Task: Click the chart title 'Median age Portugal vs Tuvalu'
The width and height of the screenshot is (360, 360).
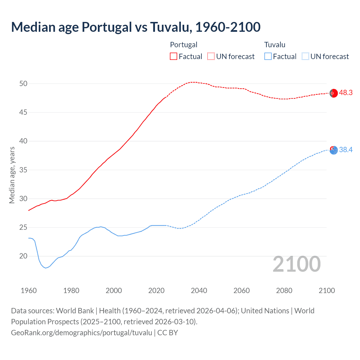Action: tap(136, 27)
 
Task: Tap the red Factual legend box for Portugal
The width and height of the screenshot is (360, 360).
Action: tap(174, 56)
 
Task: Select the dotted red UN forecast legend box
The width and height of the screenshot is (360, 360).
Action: tap(211, 56)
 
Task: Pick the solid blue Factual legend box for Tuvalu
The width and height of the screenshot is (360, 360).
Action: tap(268, 56)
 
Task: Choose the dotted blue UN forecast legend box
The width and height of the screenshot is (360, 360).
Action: tap(305, 56)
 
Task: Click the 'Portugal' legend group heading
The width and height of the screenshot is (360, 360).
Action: tap(184, 45)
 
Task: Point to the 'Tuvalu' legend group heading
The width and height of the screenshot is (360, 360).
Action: tap(274, 45)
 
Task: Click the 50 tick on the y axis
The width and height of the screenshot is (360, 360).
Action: tap(23, 84)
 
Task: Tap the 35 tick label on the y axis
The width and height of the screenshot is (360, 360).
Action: tap(23, 170)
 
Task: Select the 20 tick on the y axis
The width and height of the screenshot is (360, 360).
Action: tap(23, 256)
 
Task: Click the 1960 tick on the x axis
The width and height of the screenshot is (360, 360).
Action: tap(29, 291)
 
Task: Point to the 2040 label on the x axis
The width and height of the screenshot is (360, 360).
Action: tap(199, 291)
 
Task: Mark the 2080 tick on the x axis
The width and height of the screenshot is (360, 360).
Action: tap(284, 291)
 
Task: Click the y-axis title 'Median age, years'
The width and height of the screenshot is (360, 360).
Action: tap(12, 175)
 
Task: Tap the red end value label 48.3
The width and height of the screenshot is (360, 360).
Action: tap(346, 93)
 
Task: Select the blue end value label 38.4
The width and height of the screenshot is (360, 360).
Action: tap(346, 150)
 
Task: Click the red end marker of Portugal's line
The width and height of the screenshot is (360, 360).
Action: tap(334, 93)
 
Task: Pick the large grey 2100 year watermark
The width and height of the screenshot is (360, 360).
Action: tap(296, 264)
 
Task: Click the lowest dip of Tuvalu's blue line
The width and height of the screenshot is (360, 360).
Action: tap(46, 268)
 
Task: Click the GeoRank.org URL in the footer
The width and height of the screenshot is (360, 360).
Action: tap(82, 333)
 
